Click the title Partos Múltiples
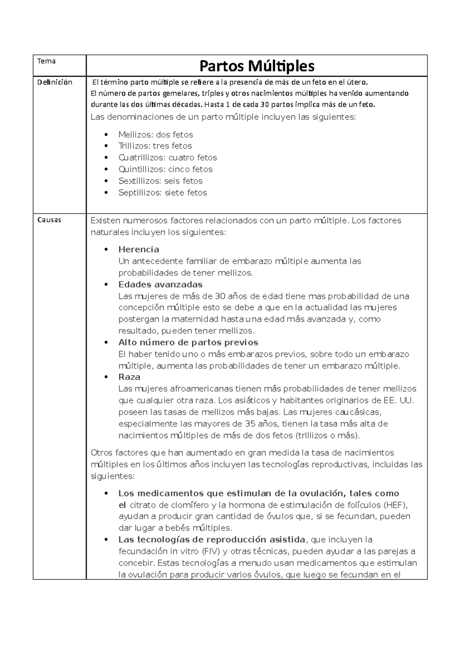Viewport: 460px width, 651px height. tap(257, 66)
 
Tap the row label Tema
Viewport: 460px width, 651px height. tap(46, 61)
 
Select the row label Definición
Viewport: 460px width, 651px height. tap(54, 82)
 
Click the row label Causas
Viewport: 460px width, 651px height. tap(49, 220)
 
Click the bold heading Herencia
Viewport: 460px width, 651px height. tap(139, 249)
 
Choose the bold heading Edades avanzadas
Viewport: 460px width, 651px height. tap(160, 284)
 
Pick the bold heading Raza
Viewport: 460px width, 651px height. tap(129, 377)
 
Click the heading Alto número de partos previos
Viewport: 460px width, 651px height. tap(188, 342)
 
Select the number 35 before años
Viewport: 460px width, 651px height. tap(249, 424)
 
